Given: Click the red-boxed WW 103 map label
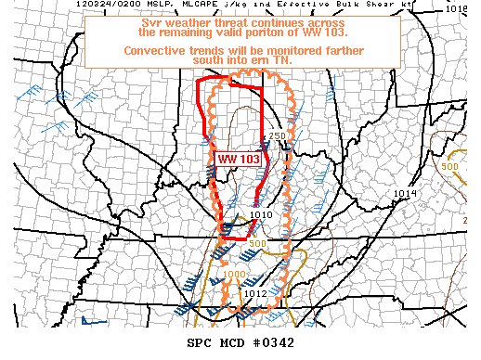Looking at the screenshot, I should point(240,159).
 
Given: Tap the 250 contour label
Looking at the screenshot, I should point(277,137).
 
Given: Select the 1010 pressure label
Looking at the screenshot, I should point(260,215).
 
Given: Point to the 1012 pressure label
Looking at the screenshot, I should point(255,294).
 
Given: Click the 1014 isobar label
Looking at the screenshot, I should point(405,193).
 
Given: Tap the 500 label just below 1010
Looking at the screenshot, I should point(257,243).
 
